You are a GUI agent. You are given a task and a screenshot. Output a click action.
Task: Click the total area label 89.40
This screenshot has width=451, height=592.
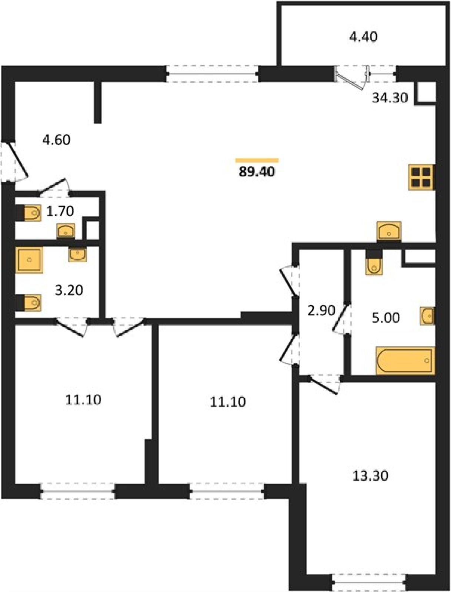[257, 172]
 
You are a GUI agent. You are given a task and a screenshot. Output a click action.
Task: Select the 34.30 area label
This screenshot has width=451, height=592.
[390, 98]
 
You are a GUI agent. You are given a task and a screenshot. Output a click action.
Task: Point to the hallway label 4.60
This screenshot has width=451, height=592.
[57, 140]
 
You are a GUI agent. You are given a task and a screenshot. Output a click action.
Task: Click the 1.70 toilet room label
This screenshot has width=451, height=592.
[60, 211]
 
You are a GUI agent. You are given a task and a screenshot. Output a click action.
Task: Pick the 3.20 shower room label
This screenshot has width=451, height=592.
[69, 290]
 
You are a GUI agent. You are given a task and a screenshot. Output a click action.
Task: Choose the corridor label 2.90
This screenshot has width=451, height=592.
[321, 310]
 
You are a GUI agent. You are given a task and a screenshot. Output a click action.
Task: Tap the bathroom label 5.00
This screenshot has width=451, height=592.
[385, 318]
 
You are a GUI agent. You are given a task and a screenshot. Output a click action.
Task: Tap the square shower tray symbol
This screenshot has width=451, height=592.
[29, 260]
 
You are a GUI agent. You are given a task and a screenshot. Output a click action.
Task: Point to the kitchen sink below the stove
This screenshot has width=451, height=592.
[389, 231]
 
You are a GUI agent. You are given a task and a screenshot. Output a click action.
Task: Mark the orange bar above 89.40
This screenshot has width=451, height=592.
[257, 160]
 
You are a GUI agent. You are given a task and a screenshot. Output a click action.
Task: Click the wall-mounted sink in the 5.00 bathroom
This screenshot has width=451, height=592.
[427, 315]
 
